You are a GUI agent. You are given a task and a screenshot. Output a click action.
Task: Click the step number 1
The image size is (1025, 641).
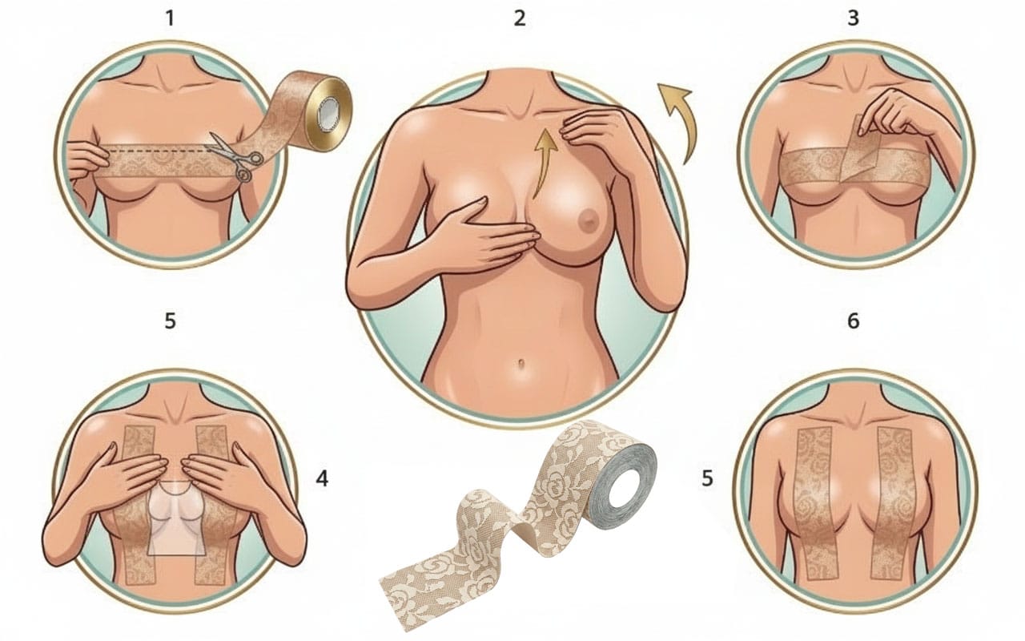[171, 18]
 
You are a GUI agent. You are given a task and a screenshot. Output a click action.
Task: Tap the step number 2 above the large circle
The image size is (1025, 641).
[520, 18]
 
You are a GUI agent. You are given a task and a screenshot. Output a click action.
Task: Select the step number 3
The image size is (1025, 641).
[853, 18]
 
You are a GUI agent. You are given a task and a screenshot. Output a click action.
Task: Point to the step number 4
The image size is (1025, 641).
[322, 479]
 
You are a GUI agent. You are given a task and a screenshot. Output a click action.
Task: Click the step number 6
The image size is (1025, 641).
[854, 321]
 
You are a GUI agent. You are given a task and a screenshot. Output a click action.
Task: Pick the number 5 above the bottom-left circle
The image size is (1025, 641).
[171, 321]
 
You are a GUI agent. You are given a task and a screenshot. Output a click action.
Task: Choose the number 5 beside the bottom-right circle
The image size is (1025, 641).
[707, 479]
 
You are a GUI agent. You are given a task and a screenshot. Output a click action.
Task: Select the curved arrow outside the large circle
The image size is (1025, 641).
[677, 120]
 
